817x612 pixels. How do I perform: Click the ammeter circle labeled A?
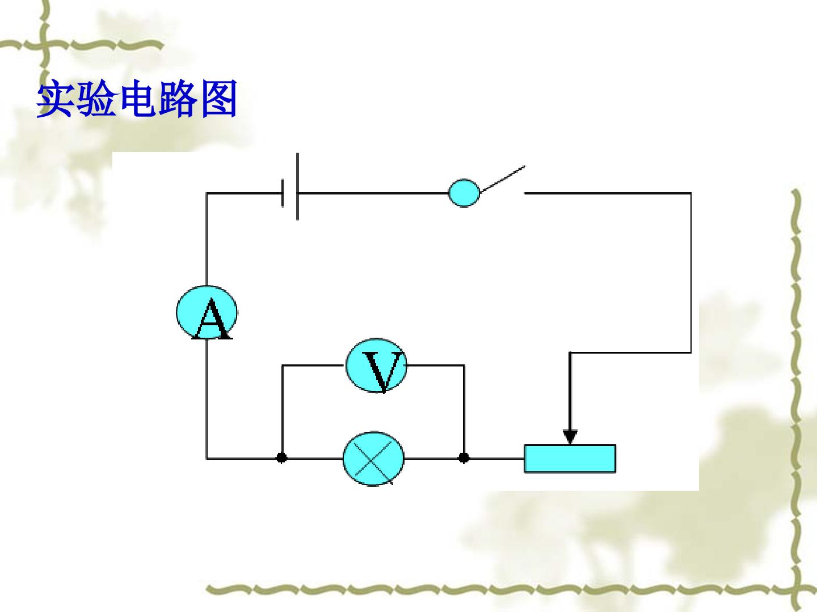click(x=207, y=312)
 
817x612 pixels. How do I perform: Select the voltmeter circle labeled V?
click(x=376, y=365)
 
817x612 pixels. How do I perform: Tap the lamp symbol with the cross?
click(x=373, y=458)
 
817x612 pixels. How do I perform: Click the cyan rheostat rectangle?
click(x=570, y=458)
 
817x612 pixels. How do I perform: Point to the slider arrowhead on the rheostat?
click(x=570, y=436)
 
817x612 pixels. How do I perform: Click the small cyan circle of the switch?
click(x=464, y=193)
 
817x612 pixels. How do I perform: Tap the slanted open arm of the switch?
click(x=503, y=179)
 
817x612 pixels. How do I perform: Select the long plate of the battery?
click(x=297, y=186)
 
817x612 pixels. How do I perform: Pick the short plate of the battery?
click(x=283, y=193)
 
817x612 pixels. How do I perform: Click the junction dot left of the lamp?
click(x=282, y=458)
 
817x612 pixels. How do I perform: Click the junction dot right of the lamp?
click(x=464, y=458)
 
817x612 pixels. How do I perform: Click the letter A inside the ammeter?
click(x=212, y=319)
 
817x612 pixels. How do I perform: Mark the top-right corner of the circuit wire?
click(x=691, y=193)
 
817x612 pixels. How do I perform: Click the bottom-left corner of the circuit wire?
click(x=207, y=458)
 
